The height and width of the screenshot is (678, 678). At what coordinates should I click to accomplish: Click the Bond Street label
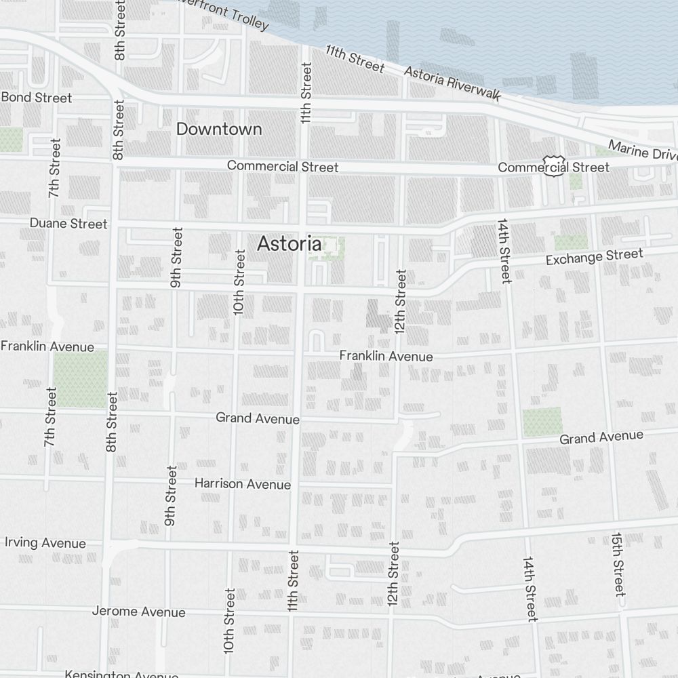[37, 98]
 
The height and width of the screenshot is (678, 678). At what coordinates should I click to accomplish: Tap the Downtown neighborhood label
[219, 129]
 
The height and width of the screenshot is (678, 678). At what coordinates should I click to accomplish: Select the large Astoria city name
[289, 244]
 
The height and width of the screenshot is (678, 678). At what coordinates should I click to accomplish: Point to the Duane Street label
[68, 223]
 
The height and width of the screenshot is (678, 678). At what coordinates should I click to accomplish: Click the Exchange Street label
[594, 257]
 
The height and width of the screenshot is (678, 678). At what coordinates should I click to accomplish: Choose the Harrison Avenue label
[243, 484]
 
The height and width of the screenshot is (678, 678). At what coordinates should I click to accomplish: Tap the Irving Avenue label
[45, 543]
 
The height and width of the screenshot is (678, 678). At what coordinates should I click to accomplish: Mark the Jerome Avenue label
[138, 612]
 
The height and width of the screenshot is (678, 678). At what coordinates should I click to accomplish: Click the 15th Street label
[618, 563]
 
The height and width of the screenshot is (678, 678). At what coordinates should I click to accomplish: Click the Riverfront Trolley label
[224, 16]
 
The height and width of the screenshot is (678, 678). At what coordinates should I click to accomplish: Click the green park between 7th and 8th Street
[81, 378]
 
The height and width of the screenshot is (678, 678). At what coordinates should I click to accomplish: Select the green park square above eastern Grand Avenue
[542, 422]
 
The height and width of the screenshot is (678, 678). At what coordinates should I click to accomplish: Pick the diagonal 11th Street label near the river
[355, 58]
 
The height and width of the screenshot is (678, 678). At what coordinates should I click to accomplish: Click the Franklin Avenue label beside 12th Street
[386, 356]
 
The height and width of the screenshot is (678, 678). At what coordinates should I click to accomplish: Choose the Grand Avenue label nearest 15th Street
[601, 437]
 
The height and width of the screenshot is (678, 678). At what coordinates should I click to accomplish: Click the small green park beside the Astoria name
[327, 245]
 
